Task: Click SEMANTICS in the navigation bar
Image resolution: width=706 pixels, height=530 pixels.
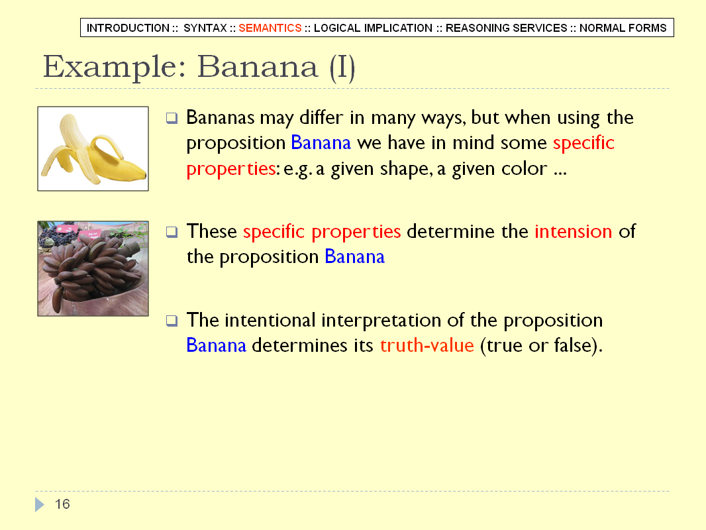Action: [270, 28]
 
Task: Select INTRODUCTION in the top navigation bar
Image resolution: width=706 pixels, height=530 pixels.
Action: [128, 28]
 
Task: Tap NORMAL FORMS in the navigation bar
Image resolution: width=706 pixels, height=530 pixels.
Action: [623, 28]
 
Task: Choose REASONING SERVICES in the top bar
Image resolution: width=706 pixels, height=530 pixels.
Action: [506, 28]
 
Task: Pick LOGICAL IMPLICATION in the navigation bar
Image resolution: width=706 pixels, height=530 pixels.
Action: [373, 28]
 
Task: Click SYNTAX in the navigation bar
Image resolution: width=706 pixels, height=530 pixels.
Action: [205, 28]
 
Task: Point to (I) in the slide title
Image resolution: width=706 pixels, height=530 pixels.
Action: [342, 68]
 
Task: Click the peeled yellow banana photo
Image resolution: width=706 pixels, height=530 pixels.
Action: [93, 148]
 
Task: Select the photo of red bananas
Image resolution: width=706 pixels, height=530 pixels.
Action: [93, 268]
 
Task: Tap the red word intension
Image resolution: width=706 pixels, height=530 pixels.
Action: [573, 231]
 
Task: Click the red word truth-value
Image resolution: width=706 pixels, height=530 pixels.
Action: [427, 345]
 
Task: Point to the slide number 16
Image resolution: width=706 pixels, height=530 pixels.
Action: [62, 504]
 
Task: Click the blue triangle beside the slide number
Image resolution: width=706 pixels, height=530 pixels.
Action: [40, 504]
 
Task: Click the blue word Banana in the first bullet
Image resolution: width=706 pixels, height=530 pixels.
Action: [321, 142]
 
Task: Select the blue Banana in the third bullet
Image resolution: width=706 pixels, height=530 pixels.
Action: [216, 345]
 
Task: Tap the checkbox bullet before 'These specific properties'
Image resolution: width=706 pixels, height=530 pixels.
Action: [172, 232]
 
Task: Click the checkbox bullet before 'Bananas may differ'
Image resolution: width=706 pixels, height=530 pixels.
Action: [172, 118]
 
